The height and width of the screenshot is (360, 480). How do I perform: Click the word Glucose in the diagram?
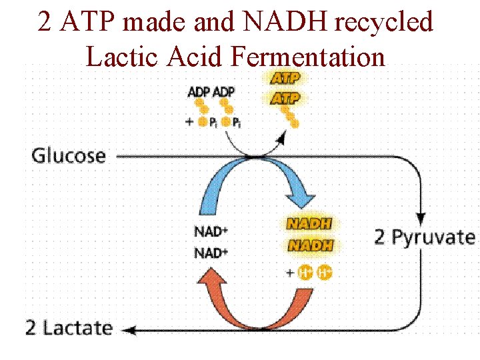point(69,156)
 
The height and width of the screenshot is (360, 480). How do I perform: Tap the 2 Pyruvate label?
point(425,237)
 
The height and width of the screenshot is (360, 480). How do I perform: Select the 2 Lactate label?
point(69,328)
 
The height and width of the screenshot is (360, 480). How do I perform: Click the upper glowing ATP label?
point(285,78)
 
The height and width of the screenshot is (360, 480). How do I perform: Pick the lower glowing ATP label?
point(285,99)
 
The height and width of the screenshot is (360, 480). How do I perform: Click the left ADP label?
point(199,91)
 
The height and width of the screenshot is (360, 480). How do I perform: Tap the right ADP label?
point(223,91)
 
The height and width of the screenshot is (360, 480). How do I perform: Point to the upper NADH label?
point(309,224)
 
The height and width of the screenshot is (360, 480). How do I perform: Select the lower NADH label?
point(309,245)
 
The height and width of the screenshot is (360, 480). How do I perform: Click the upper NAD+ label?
point(211,233)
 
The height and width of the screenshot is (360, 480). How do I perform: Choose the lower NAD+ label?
point(211,253)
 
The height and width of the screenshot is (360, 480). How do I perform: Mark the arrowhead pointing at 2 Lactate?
point(129,329)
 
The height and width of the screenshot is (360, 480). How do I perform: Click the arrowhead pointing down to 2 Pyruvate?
point(421,218)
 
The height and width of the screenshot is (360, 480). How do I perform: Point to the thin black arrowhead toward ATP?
point(281,138)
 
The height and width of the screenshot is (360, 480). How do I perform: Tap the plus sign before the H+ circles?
point(289,273)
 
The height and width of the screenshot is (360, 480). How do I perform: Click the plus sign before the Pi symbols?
point(190,121)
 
